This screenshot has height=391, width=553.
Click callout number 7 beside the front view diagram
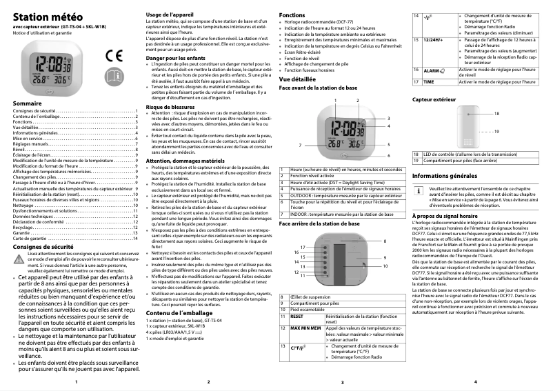[x=300, y=146]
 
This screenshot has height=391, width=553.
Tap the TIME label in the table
[x=428, y=81]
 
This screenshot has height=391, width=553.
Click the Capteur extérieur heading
[x=439, y=100]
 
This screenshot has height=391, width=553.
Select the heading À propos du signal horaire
[x=448, y=216]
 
